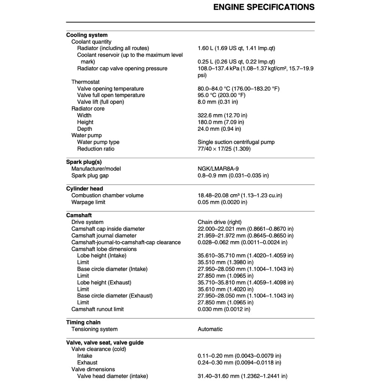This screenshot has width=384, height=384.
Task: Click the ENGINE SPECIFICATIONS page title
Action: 264,7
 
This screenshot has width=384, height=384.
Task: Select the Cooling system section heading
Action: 87,35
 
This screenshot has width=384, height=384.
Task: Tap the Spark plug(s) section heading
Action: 84,162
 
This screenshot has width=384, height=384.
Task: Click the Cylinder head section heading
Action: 84,189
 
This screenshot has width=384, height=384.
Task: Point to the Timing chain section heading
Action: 83,322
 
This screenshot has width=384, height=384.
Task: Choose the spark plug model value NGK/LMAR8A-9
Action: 218,169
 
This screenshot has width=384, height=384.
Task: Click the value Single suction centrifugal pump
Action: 236,142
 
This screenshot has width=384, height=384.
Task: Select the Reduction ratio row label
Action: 96,149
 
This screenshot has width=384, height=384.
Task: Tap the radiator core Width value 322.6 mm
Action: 222,115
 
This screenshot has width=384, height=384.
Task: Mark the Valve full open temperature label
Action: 111,95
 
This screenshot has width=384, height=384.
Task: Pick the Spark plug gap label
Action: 90,175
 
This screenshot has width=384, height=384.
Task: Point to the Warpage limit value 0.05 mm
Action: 222,202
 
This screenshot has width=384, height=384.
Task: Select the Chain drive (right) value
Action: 219,222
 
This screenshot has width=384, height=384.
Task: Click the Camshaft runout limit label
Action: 97,309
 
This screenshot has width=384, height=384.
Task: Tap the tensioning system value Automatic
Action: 210,329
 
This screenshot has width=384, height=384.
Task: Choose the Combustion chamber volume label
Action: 107,195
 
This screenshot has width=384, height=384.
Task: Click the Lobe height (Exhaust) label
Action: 104,282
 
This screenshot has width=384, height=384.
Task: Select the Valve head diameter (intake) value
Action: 242,376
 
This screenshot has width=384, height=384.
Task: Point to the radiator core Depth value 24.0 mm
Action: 219,129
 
